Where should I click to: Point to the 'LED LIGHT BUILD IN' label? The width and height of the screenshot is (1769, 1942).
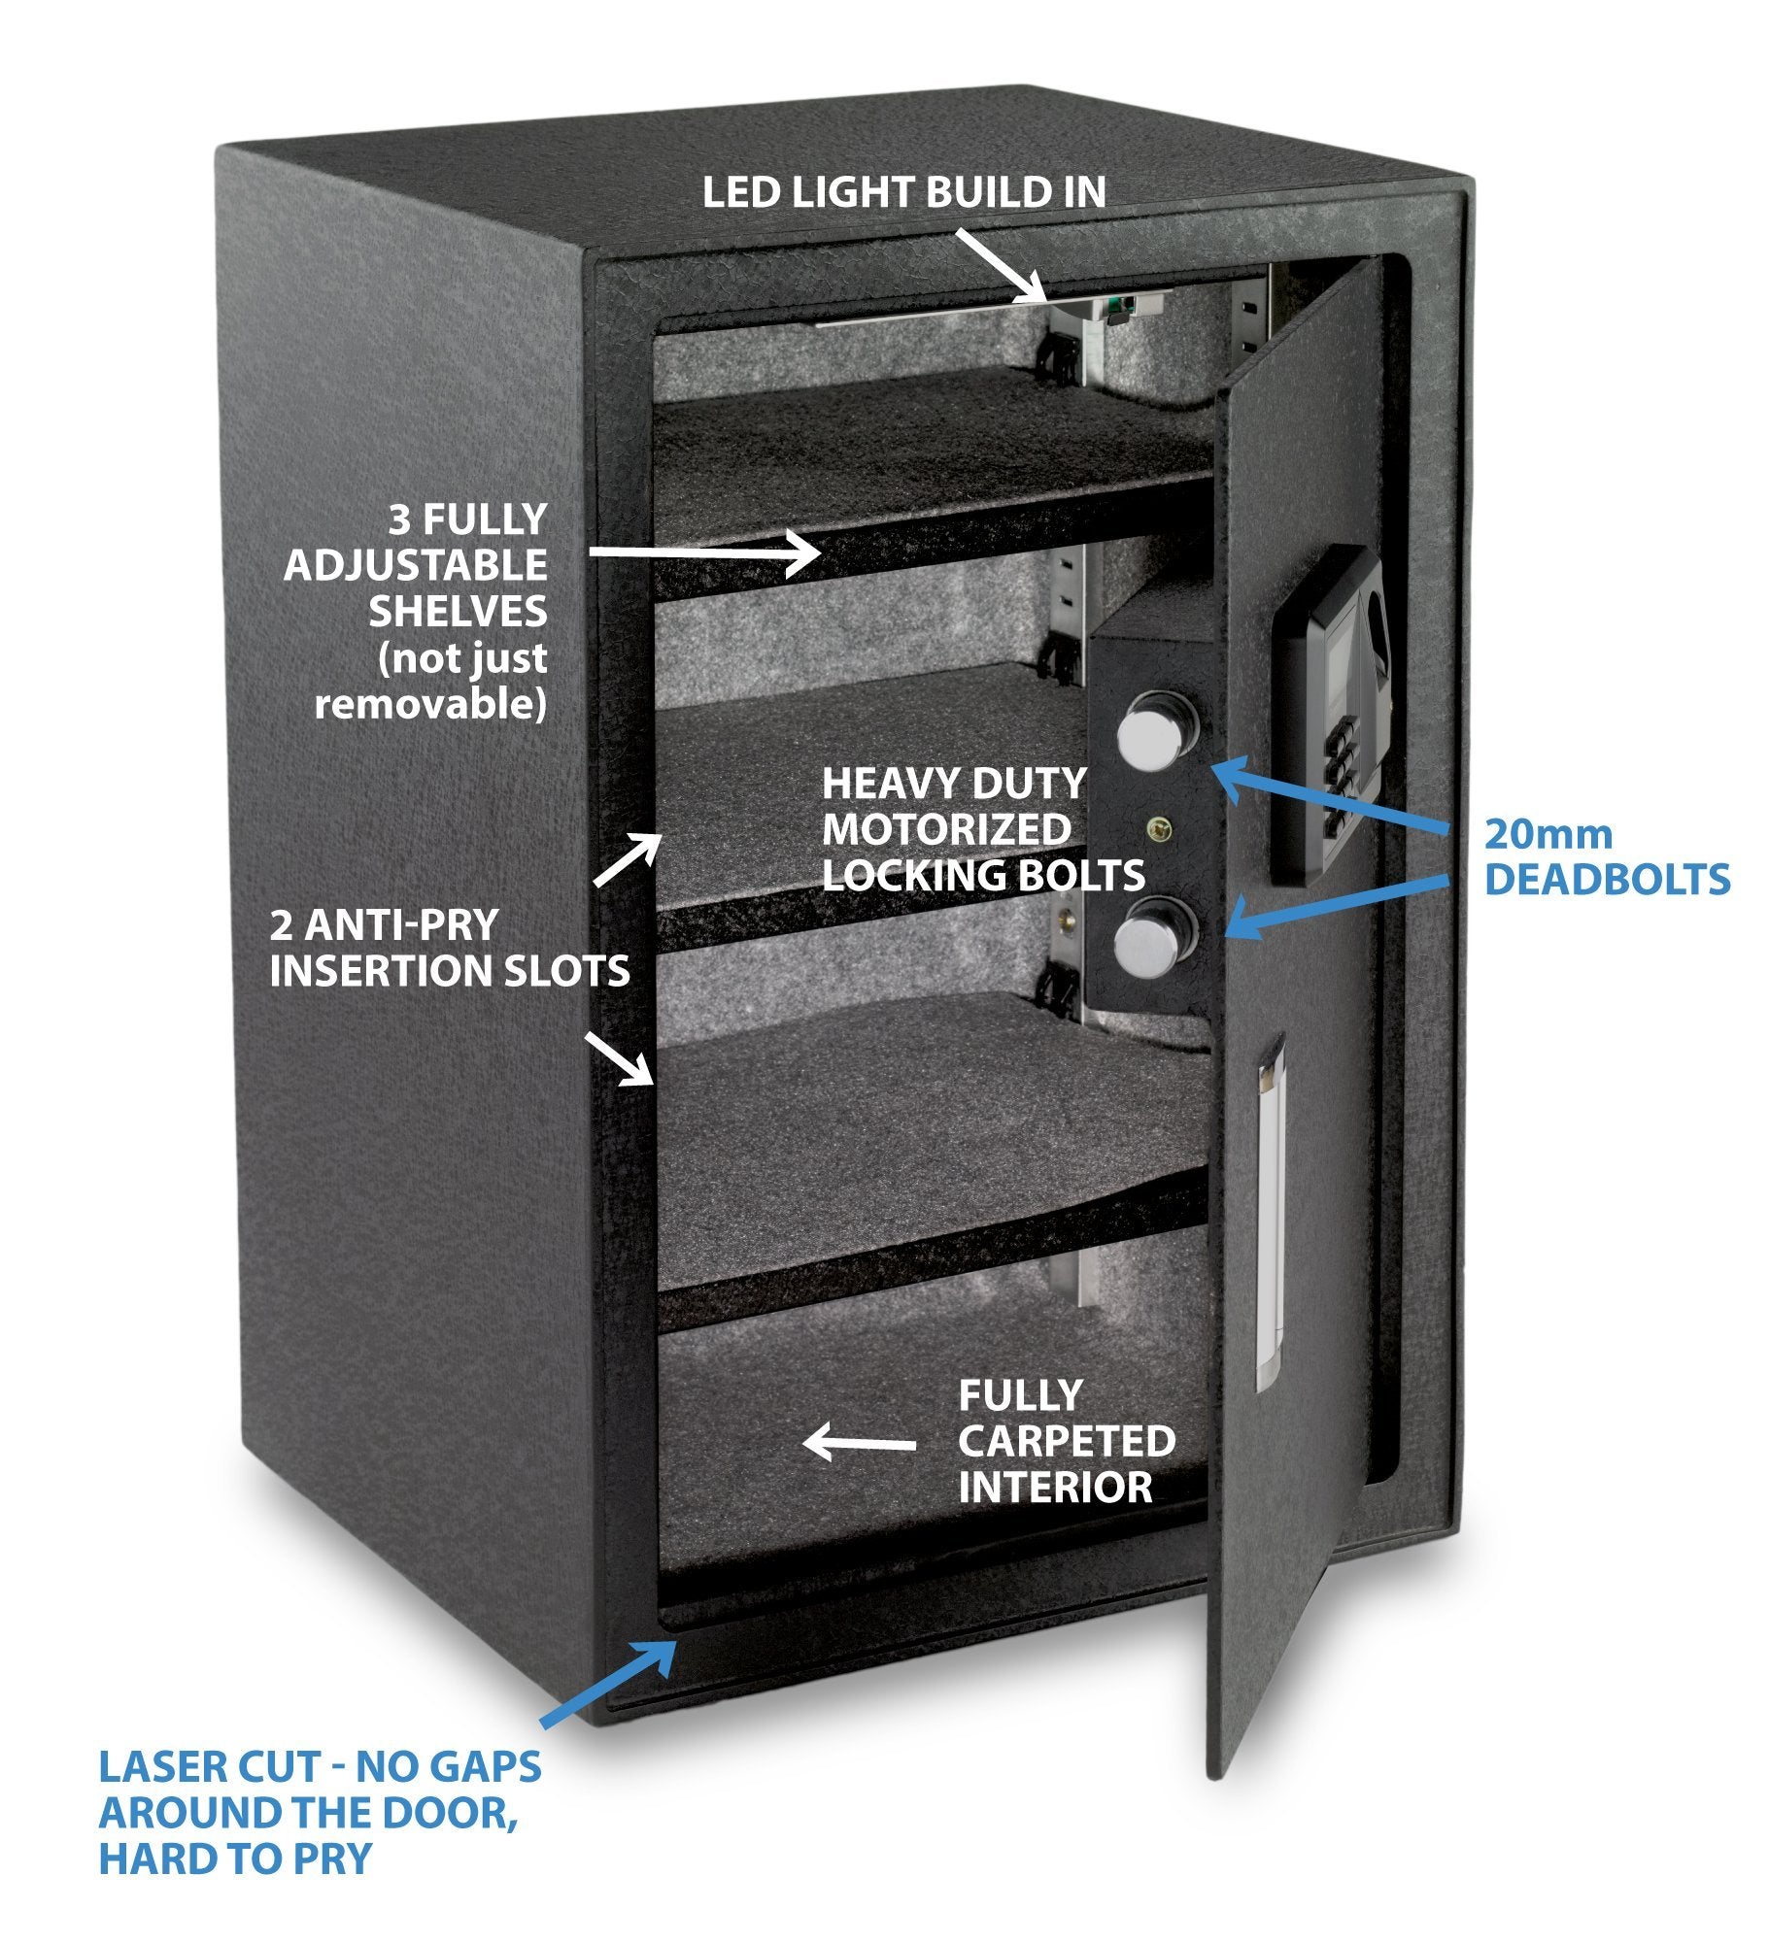[903, 192]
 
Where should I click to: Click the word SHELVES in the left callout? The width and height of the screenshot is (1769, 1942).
[458, 612]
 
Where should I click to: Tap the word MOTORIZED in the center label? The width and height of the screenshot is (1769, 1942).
[946, 829]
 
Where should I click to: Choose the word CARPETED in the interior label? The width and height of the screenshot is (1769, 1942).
[1067, 1441]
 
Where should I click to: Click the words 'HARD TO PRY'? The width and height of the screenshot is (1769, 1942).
[235, 1858]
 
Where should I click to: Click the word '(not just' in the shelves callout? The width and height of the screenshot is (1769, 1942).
[462, 658]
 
